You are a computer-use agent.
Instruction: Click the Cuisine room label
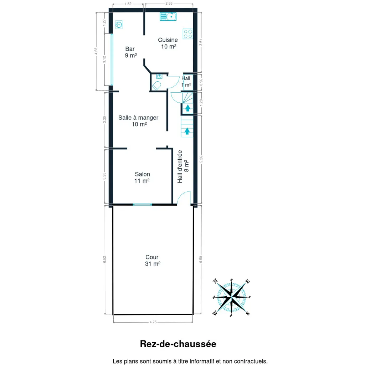(168, 43)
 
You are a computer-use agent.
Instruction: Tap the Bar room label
(130, 52)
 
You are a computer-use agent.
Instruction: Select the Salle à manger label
(138, 121)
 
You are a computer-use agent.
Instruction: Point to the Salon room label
(142, 178)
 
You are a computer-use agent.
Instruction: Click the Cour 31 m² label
(153, 261)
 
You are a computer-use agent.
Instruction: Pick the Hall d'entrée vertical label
(183, 166)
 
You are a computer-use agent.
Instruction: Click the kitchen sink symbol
(168, 16)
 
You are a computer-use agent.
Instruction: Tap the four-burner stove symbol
(187, 34)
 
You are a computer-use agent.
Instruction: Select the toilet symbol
(156, 86)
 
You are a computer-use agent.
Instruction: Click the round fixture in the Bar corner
(119, 25)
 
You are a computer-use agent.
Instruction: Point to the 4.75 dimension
(153, 322)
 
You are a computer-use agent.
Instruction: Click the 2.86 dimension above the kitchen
(169, 3)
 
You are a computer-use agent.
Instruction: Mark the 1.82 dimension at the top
(128, 4)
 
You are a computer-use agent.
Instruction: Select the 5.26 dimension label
(201, 159)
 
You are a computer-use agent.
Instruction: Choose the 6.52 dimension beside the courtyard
(104, 259)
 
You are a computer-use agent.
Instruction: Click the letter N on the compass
(215, 281)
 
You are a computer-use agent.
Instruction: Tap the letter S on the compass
(248, 313)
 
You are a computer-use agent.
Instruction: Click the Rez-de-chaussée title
(178, 344)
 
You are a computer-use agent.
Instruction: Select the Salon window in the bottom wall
(143, 204)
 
